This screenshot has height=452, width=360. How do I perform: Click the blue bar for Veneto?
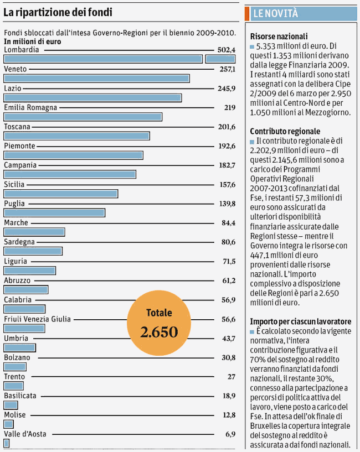tap(97, 79)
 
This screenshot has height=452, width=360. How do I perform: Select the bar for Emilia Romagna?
tap(83, 117)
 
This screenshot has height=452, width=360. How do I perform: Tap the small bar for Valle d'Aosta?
tap(6, 443)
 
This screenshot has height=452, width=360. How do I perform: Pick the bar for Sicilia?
tap(61, 194)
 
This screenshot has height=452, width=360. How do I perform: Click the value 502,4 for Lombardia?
tap(227, 50)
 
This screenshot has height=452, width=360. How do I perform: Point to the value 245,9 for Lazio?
tap(227, 89)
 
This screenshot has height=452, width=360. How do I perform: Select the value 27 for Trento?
tap(232, 377)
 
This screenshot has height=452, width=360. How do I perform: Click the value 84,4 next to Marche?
tap(228, 223)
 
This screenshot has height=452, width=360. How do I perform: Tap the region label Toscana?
tap(17, 127)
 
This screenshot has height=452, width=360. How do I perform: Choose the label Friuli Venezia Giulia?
tap(37, 319)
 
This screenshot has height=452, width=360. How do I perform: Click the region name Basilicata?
tap(20, 396)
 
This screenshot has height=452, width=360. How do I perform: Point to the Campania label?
tap(20, 165)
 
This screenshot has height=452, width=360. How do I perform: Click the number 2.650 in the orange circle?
tap(159, 332)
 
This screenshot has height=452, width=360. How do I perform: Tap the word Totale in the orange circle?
tap(159, 313)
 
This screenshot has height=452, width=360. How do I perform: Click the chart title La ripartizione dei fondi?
tap(58, 12)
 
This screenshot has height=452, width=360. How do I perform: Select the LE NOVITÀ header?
tap(275, 13)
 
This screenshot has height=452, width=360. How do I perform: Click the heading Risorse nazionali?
tap(279, 37)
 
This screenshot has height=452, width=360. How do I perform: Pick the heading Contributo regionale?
tap(285, 132)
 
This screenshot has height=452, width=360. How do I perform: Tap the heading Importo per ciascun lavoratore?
tap(301, 321)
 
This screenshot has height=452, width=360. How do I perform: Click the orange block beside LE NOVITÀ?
tap(247, 13)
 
